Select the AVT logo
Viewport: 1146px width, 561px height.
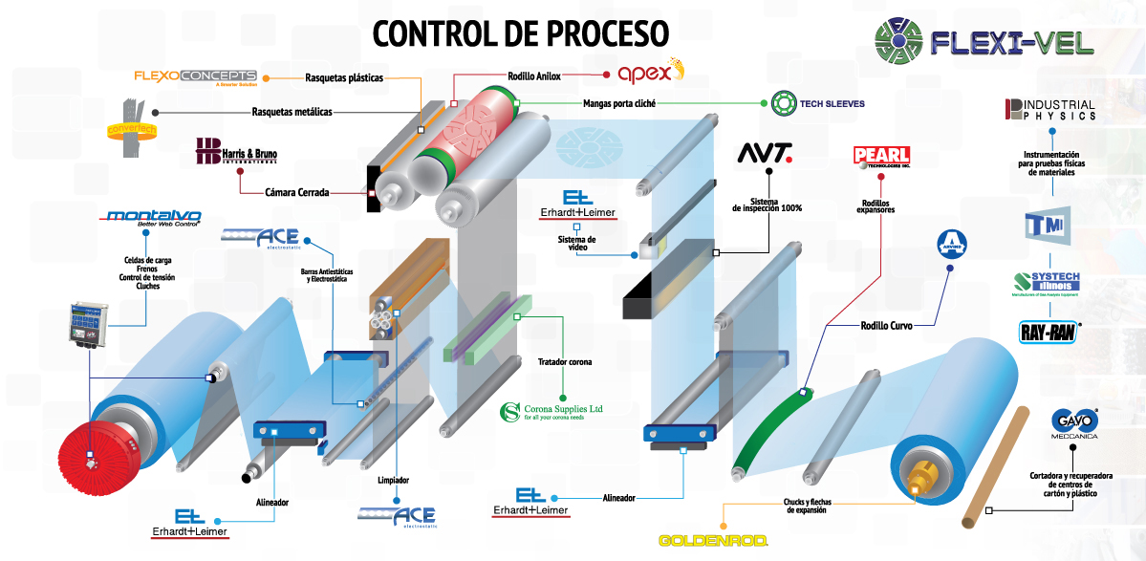pyautogui.click(x=765, y=154)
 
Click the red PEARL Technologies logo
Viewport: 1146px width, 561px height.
pyautogui.click(x=881, y=157)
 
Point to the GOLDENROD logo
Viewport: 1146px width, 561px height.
pyautogui.click(x=713, y=540)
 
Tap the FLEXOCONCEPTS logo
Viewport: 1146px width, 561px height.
pyautogui.click(x=195, y=76)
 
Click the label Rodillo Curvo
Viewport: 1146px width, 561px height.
pyautogui.click(x=886, y=326)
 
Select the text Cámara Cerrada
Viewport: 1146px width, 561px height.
pyautogui.click(x=297, y=192)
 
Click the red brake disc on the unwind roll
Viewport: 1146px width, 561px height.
pyautogui.click(x=94, y=457)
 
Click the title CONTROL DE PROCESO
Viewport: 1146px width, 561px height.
pyautogui.click(x=520, y=33)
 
